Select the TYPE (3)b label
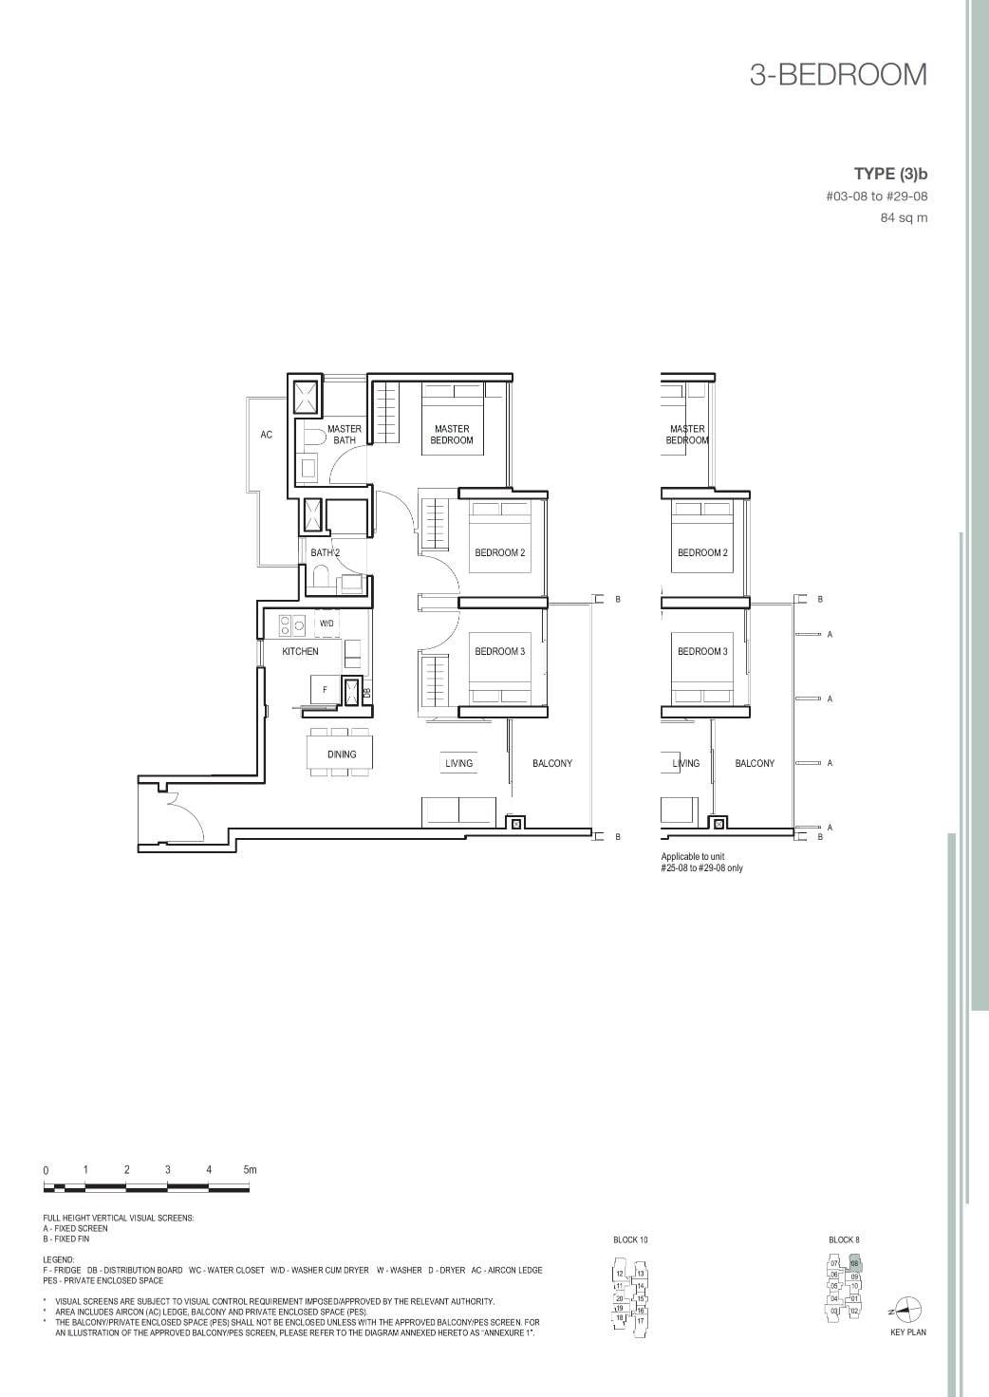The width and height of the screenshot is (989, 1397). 889,174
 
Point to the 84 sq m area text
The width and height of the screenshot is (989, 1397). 904,218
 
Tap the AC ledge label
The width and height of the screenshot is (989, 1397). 266,435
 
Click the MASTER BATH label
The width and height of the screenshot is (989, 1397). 344,435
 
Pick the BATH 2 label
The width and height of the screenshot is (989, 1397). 325,552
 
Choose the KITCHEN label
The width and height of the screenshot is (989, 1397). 300,652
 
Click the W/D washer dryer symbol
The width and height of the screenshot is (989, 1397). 327,624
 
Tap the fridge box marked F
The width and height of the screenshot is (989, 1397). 326,690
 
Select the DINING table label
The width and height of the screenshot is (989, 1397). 342,754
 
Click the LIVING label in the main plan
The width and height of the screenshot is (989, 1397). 458,763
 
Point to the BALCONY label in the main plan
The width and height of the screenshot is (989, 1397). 551,763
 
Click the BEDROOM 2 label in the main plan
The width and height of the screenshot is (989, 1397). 499,552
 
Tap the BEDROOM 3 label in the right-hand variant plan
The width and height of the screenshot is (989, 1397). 702,651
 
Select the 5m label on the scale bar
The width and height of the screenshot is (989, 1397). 250,1170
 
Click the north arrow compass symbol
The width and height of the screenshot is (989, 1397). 908,1310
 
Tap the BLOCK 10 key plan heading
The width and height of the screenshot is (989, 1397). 630,1240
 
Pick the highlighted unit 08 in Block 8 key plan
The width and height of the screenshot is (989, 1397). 854,1264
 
